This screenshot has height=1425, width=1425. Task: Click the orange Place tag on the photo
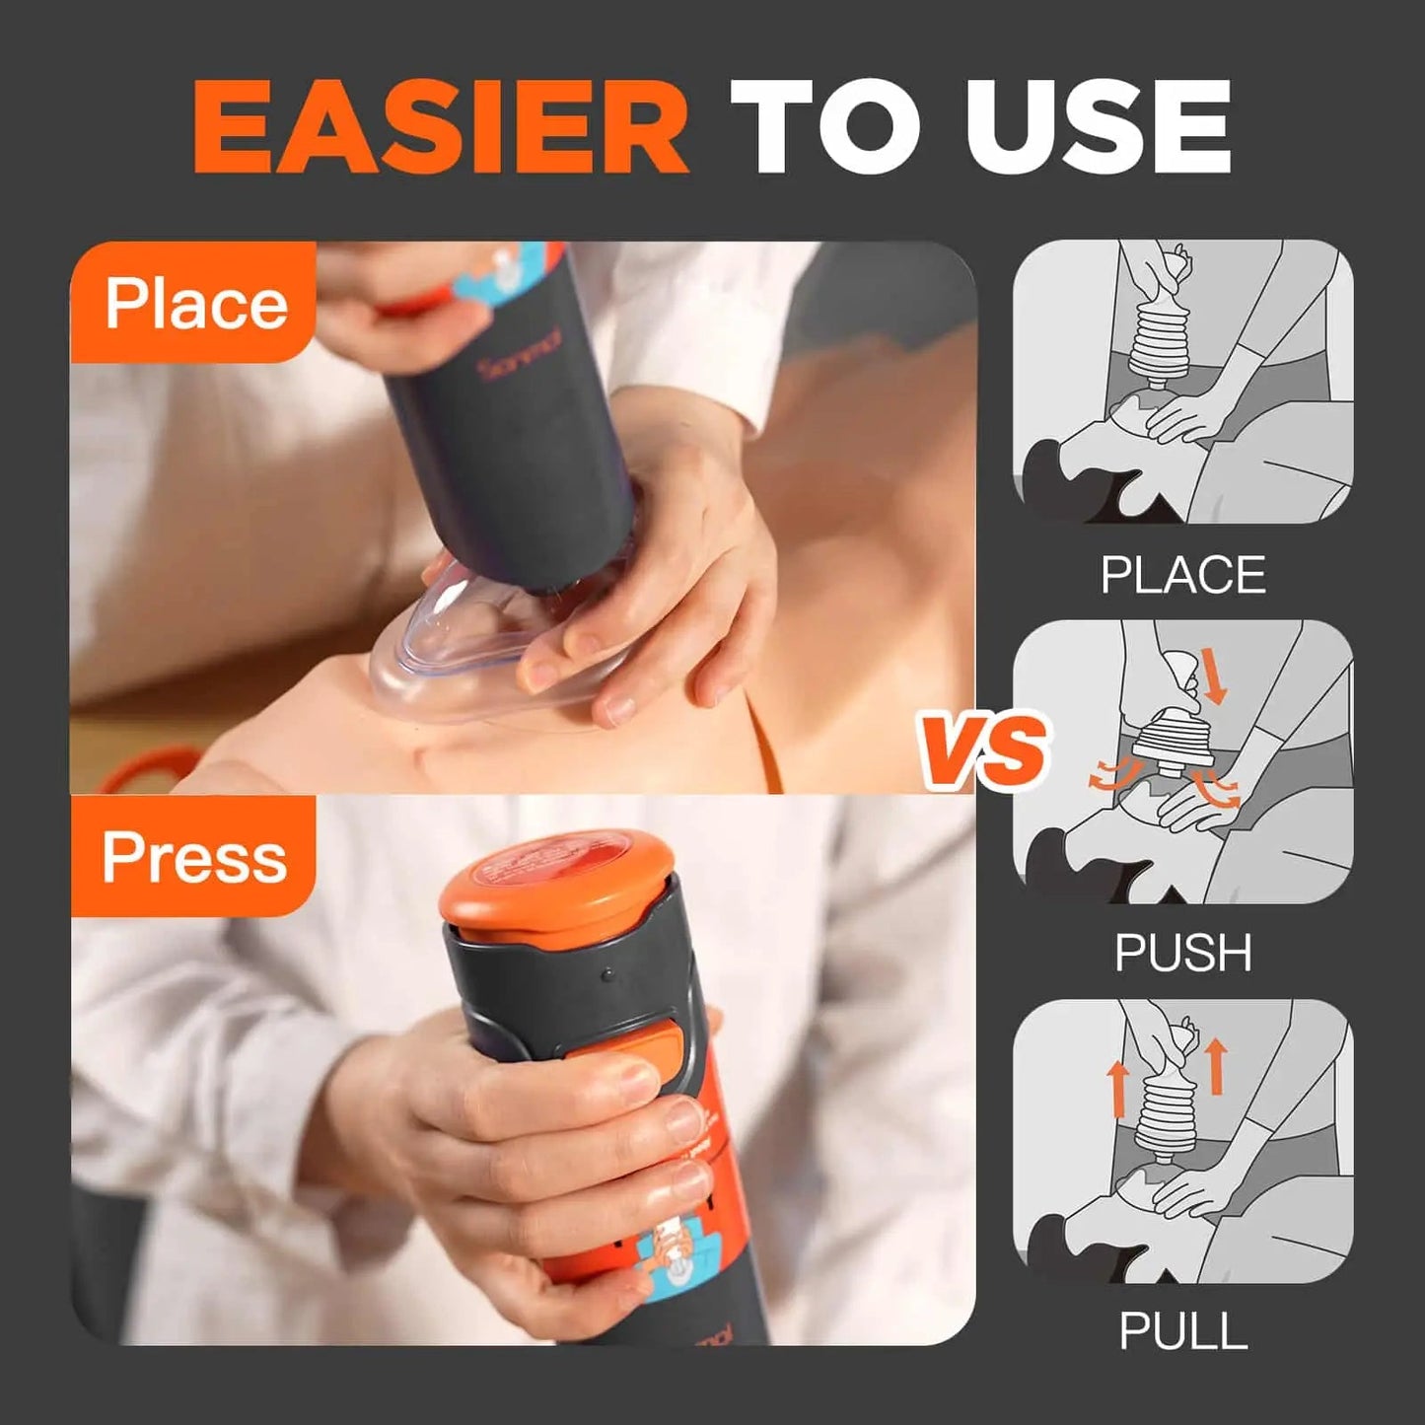tap(194, 304)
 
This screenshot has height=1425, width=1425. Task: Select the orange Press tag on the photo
tap(194, 856)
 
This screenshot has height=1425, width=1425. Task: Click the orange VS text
tap(983, 751)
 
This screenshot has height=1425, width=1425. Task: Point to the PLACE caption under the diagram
tap(1182, 575)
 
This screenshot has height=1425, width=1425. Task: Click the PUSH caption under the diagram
tap(1182, 953)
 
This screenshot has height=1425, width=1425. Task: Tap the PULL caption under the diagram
tap(1182, 1331)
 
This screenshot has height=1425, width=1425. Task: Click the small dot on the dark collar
tap(607, 974)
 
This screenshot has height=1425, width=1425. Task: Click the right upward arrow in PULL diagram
tap(1215, 1065)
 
